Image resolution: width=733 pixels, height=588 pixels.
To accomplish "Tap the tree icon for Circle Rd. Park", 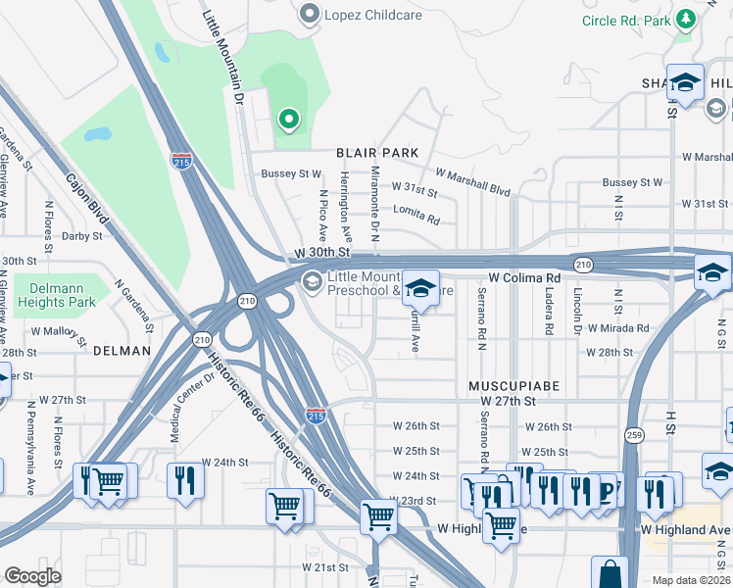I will pos(686,20).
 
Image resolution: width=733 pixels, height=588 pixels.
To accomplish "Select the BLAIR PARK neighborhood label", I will pos(377,153).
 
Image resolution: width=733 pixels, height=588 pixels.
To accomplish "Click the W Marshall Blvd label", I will pos(473,182).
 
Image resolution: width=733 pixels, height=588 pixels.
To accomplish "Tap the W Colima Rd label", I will pos(531,278).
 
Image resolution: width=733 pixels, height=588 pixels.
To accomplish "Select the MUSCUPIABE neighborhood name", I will pos(513,386).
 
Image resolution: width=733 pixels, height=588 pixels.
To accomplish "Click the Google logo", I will pos(31,576).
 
